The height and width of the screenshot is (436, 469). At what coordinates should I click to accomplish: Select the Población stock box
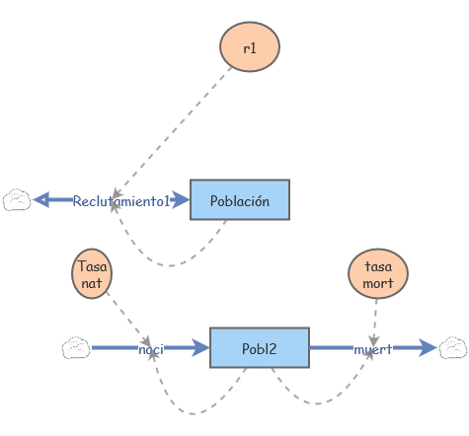pyautogui.click(x=239, y=200)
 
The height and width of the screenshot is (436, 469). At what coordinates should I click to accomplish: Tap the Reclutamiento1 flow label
pyautogui.click(x=121, y=200)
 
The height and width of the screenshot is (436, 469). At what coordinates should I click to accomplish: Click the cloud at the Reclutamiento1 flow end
pyautogui.click(x=17, y=200)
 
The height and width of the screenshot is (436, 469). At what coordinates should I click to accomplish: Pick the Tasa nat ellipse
pyautogui.click(x=93, y=273)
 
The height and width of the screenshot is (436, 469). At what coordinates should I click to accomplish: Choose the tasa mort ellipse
pyautogui.click(x=378, y=273)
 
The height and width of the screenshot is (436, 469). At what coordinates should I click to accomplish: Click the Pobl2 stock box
pyautogui.click(x=259, y=348)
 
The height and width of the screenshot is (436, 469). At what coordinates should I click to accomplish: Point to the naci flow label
pyautogui.click(x=150, y=348)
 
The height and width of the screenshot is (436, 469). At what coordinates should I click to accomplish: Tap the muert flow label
pyautogui.click(x=372, y=348)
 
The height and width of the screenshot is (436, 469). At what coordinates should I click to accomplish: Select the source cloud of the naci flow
pyautogui.click(x=76, y=348)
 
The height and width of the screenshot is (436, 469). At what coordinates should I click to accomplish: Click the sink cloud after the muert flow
pyautogui.click(x=453, y=347)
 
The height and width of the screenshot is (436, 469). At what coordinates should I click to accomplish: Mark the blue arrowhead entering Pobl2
pyautogui.click(x=200, y=348)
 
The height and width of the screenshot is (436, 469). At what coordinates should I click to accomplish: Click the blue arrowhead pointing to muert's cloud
pyautogui.click(x=427, y=347)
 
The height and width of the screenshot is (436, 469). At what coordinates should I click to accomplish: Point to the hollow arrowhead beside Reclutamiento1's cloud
pyautogui.click(x=40, y=200)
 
